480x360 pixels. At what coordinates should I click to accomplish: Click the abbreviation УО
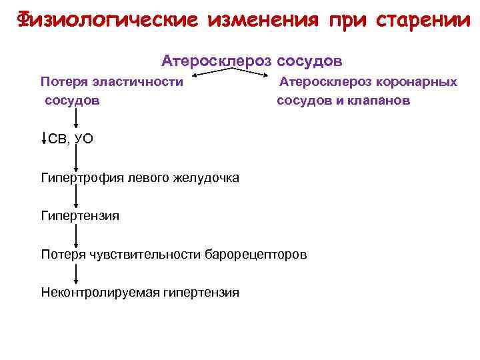pyautogui.click(x=83, y=139)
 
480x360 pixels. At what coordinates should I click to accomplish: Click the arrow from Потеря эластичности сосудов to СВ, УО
pyautogui.click(x=76, y=120)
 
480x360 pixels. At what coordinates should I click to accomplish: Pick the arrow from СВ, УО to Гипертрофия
pyautogui.click(x=76, y=158)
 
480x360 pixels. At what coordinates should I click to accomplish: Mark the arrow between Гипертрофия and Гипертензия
pyautogui.click(x=76, y=197)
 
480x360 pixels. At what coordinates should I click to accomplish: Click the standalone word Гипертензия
pyautogui.click(x=80, y=216)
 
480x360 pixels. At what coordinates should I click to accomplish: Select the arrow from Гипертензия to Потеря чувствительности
pyautogui.click(x=76, y=235)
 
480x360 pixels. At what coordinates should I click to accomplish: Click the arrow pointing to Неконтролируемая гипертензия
pyautogui.click(x=76, y=273)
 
